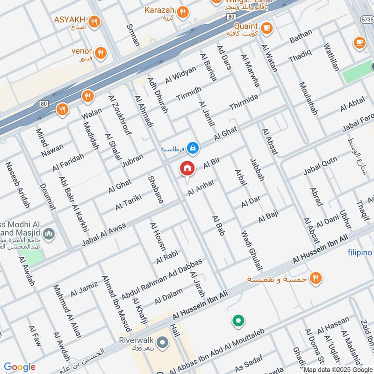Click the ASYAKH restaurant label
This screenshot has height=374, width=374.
click(70, 20)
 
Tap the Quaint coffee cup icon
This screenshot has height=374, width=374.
click(267, 28)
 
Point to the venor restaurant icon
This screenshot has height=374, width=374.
click(100, 53)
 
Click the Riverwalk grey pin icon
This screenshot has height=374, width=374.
click(163, 343)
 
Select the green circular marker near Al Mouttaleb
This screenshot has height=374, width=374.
click(238, 321)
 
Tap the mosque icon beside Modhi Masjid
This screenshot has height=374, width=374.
click(49, 233)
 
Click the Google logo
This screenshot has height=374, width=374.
click(20, 367)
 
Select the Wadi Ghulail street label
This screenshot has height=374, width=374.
click(250, 251)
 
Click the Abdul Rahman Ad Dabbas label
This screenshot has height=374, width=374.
click(162, 279)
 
